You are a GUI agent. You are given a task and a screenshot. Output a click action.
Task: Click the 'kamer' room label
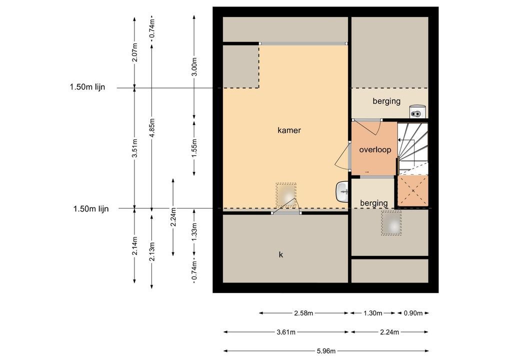289,130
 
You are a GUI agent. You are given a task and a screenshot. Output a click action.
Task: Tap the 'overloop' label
375,149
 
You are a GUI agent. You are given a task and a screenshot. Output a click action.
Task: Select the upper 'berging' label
386,101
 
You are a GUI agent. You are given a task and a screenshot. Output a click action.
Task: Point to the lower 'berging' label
374,203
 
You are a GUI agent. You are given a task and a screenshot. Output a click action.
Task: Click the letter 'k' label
281,254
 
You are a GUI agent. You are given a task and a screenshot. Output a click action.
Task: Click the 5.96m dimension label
326,350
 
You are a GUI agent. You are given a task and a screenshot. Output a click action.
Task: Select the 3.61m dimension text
286,332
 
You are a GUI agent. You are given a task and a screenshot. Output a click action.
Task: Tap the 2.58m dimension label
303,313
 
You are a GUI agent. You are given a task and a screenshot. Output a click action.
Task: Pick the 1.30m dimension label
372,313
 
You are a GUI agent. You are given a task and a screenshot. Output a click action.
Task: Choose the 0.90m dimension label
413,313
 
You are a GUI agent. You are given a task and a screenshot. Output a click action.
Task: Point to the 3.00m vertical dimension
194,67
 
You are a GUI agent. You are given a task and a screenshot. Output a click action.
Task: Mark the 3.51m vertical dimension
135,148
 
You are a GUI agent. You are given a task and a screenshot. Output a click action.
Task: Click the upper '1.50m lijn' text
87,87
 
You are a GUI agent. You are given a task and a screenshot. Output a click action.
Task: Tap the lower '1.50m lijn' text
91,208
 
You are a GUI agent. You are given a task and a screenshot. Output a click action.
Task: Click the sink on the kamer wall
342,191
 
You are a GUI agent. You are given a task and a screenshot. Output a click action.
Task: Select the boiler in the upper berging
417,111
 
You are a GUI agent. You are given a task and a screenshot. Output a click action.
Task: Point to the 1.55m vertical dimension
194,148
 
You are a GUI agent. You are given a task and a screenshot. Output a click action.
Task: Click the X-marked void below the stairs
413,190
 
